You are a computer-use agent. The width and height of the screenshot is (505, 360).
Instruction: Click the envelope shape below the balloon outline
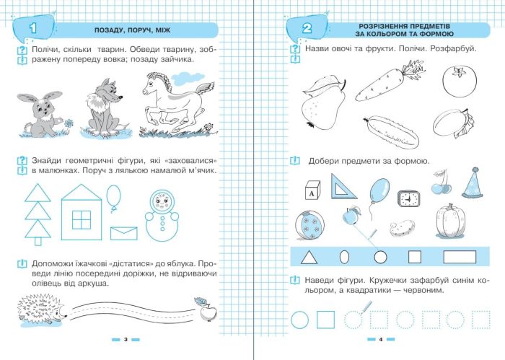(x=123, y=233)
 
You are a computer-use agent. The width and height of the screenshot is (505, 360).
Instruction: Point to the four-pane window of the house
(x=82, y=219)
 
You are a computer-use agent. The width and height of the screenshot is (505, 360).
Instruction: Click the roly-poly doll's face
(x=161, y=202)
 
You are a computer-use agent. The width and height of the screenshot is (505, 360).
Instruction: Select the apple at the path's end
(x=206, y=309)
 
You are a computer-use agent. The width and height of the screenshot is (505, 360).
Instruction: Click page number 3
(x=126, y=339)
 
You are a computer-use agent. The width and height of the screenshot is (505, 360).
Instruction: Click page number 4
(x=381, y=339)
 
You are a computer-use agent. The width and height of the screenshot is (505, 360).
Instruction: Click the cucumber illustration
(x=392, y=133)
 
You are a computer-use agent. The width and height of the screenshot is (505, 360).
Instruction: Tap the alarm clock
(x=409, y=198)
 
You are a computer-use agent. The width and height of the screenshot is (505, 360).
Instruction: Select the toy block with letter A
(x=312, y=190)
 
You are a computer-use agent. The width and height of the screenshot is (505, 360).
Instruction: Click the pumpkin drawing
(x=450, y=221)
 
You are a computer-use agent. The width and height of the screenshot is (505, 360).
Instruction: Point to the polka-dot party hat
(x=473, y=183)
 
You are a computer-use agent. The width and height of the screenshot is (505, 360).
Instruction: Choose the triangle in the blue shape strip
(x=309, y=258)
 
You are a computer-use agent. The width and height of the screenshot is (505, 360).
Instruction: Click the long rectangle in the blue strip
(x=460, y=258)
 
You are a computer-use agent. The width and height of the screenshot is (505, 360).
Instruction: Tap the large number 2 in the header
(x=307, y=29)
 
